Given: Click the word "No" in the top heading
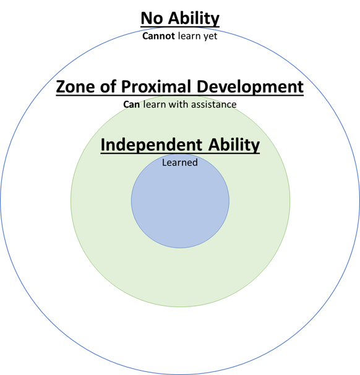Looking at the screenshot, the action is pos(152,18).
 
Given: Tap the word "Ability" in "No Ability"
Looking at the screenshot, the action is pos(194,19).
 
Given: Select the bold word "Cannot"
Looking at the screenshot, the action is pos(158,36).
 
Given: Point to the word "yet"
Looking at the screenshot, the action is pos(210,36).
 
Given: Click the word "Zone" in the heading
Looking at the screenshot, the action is pos(75,86).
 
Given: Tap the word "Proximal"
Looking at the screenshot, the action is pos(156,86).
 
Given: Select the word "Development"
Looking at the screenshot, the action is pos(250,87).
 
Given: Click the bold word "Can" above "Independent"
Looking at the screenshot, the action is pos(132,105).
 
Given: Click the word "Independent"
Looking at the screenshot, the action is pos(152,145).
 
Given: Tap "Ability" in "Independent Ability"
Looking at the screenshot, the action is pos(234,145).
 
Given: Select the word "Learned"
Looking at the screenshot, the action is pos(180,162).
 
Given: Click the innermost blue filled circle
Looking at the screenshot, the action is pos(180,206).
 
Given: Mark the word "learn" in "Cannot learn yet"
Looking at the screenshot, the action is pos(189,36).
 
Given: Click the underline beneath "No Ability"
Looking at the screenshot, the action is pos(180,26).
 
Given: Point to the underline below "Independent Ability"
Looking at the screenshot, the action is pos(180,153).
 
